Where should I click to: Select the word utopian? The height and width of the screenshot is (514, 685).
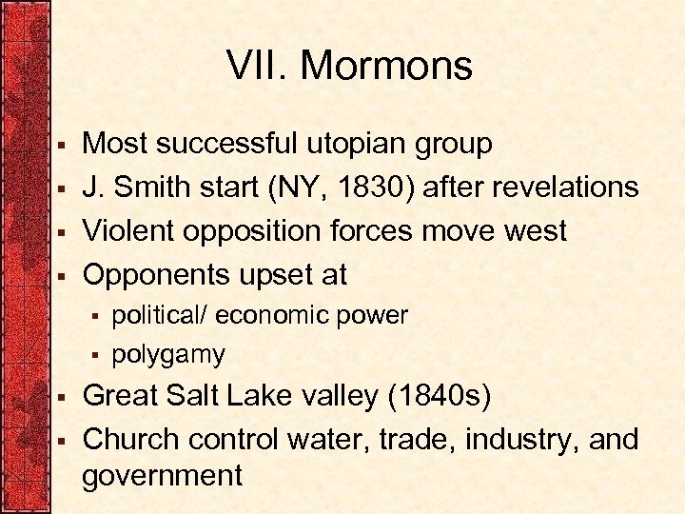coord(360,144)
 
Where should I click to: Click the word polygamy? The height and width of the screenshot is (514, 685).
coord(168,355)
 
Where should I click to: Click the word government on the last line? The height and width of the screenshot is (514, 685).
coord(162,476)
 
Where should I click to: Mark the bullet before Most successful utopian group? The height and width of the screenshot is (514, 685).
coord(60,146)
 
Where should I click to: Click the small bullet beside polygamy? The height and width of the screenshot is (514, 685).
coord(95,356)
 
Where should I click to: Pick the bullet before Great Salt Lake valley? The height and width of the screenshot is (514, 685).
coord(60,397)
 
